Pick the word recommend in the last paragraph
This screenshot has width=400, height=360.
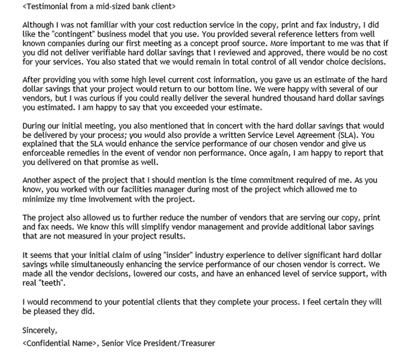[69, 301]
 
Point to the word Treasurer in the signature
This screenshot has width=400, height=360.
[190, 342]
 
